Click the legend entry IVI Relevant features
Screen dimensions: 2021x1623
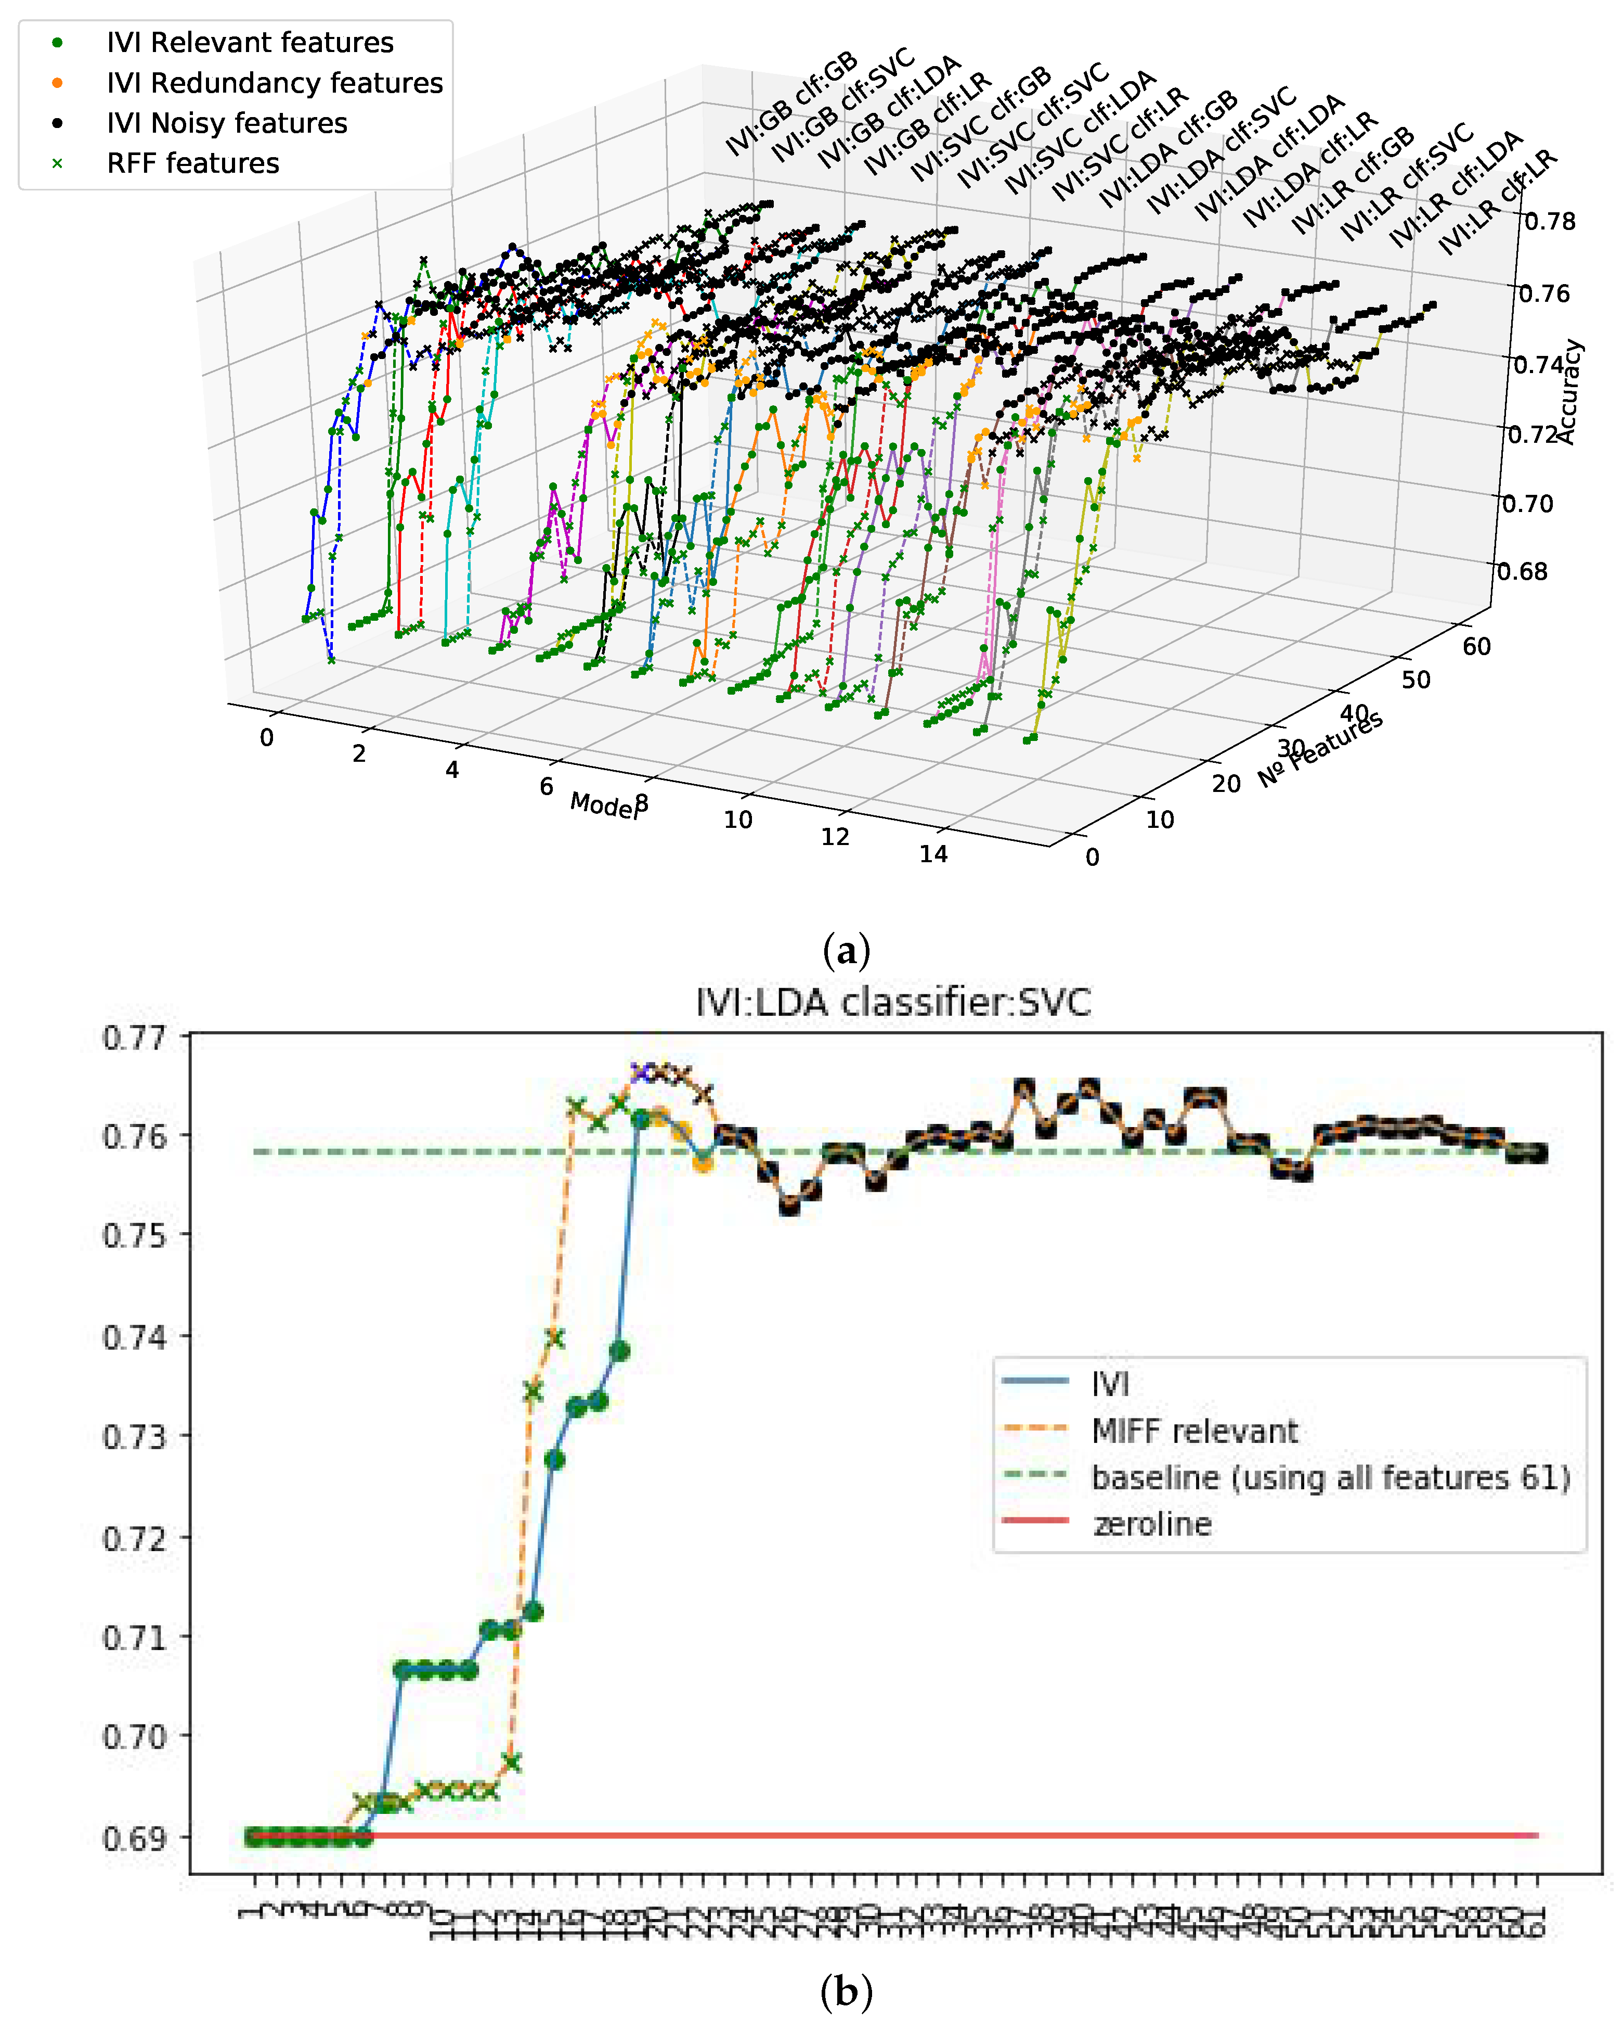(x=249, y=42)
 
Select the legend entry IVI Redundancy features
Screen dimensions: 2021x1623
(x=274, y=83)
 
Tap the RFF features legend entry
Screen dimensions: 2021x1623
(x=192, y=163)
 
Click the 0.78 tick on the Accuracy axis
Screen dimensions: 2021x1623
(x=1550, y=221)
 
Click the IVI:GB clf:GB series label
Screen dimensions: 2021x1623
(x=792, y=103)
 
